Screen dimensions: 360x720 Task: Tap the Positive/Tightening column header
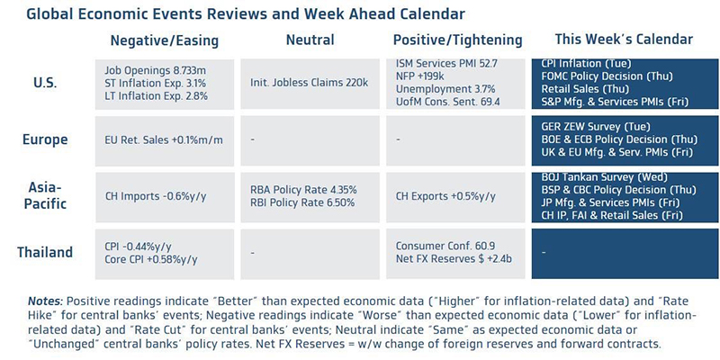click(457, 40)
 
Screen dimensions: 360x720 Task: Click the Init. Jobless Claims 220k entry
click(310, 82)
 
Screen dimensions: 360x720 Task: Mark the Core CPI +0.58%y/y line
click(148, 259)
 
